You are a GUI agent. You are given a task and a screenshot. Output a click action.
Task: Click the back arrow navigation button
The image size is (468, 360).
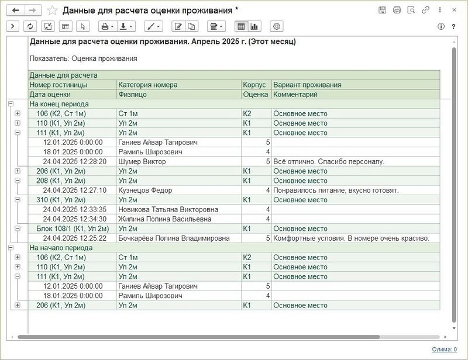15,10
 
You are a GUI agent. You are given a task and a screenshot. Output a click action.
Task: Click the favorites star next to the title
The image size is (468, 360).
52,10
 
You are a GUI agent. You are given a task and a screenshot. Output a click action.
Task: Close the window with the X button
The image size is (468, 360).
455,10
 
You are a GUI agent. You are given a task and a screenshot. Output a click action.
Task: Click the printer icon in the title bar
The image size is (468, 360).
397,10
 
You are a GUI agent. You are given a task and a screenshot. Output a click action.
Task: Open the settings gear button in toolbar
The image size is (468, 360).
277,26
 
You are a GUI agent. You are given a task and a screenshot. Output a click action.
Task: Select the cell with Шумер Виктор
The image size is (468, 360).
142,161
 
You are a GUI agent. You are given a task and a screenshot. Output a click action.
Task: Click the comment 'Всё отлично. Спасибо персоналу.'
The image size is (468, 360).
328,161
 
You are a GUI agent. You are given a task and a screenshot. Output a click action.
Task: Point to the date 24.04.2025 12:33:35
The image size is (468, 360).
74,209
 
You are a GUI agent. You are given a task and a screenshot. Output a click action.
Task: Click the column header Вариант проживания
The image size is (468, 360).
307,85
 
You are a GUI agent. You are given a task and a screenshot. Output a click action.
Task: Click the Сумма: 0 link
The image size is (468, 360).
444,349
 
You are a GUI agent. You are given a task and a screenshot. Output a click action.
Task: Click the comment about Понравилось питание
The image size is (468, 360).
335,190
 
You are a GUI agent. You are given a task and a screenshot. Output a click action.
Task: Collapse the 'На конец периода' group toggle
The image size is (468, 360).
11,103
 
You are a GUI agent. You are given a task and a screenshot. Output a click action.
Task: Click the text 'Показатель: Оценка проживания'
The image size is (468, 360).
83,58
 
